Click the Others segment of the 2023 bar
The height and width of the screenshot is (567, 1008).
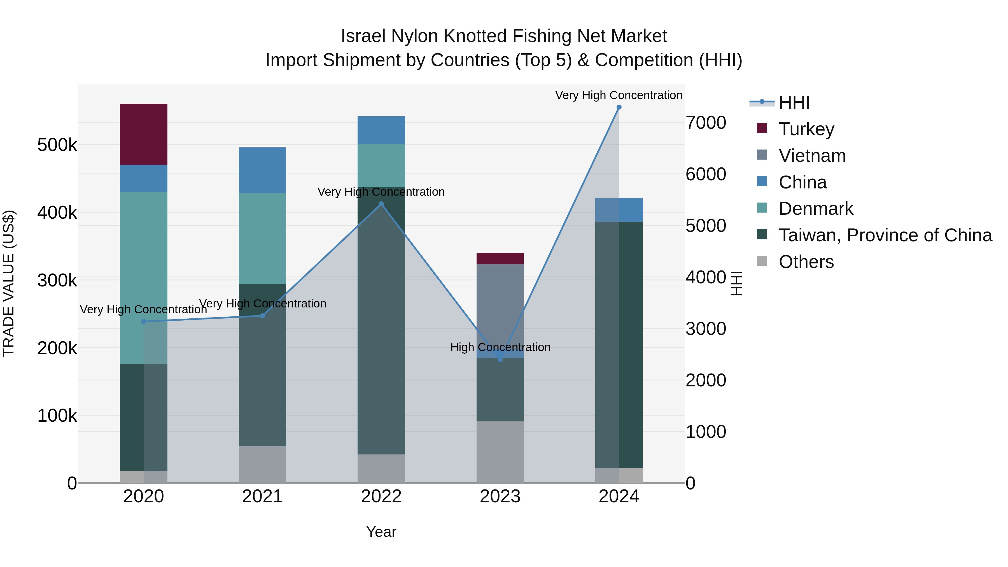tap(500, 452)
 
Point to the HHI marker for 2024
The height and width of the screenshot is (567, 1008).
tap(619, 107)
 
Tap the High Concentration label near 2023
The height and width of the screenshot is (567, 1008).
tap(500, 347)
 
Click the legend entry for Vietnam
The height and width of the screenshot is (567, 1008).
tap(812, 156)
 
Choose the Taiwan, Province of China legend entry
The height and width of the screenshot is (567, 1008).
tap(885, 235)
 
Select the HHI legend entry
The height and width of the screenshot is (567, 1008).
tap(794, 102)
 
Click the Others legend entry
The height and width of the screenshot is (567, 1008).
tap(806, 262)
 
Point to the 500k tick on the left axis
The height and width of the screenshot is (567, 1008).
tap(57, 145)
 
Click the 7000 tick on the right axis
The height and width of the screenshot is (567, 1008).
tap(706, 122)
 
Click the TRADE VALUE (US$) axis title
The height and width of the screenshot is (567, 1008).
tap(9, 283)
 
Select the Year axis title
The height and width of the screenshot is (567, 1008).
tap(381, 532)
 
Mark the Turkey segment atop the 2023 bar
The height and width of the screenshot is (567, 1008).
tap(500, 259)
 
